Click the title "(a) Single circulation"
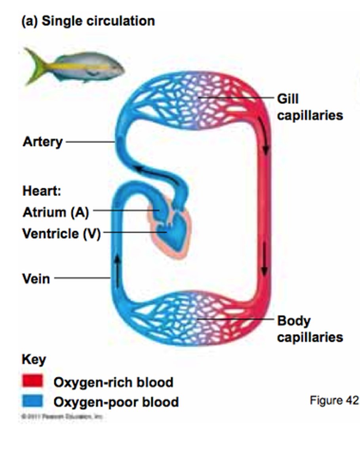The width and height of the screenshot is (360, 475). (x=88, y=21)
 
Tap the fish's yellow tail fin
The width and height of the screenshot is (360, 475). (x=34, y=65)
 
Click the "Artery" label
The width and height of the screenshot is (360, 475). (x=42, y=142)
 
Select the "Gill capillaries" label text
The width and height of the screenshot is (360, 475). (x=309, y=107)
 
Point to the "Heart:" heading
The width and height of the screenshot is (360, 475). (x=42, y=192)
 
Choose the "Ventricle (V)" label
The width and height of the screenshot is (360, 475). (x=61, y=234)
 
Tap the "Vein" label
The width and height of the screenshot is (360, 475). (x=36, y=279)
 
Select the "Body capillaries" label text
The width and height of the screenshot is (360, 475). (x=309, y=329)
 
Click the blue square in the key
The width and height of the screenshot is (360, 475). (x=32, y=401)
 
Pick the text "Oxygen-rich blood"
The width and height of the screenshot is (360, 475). (x=113, y=382)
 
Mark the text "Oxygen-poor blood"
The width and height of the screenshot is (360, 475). (x=116, y=402)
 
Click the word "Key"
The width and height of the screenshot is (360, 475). (x=33, y=360)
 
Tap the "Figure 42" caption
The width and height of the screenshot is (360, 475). (x=334, y=400)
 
